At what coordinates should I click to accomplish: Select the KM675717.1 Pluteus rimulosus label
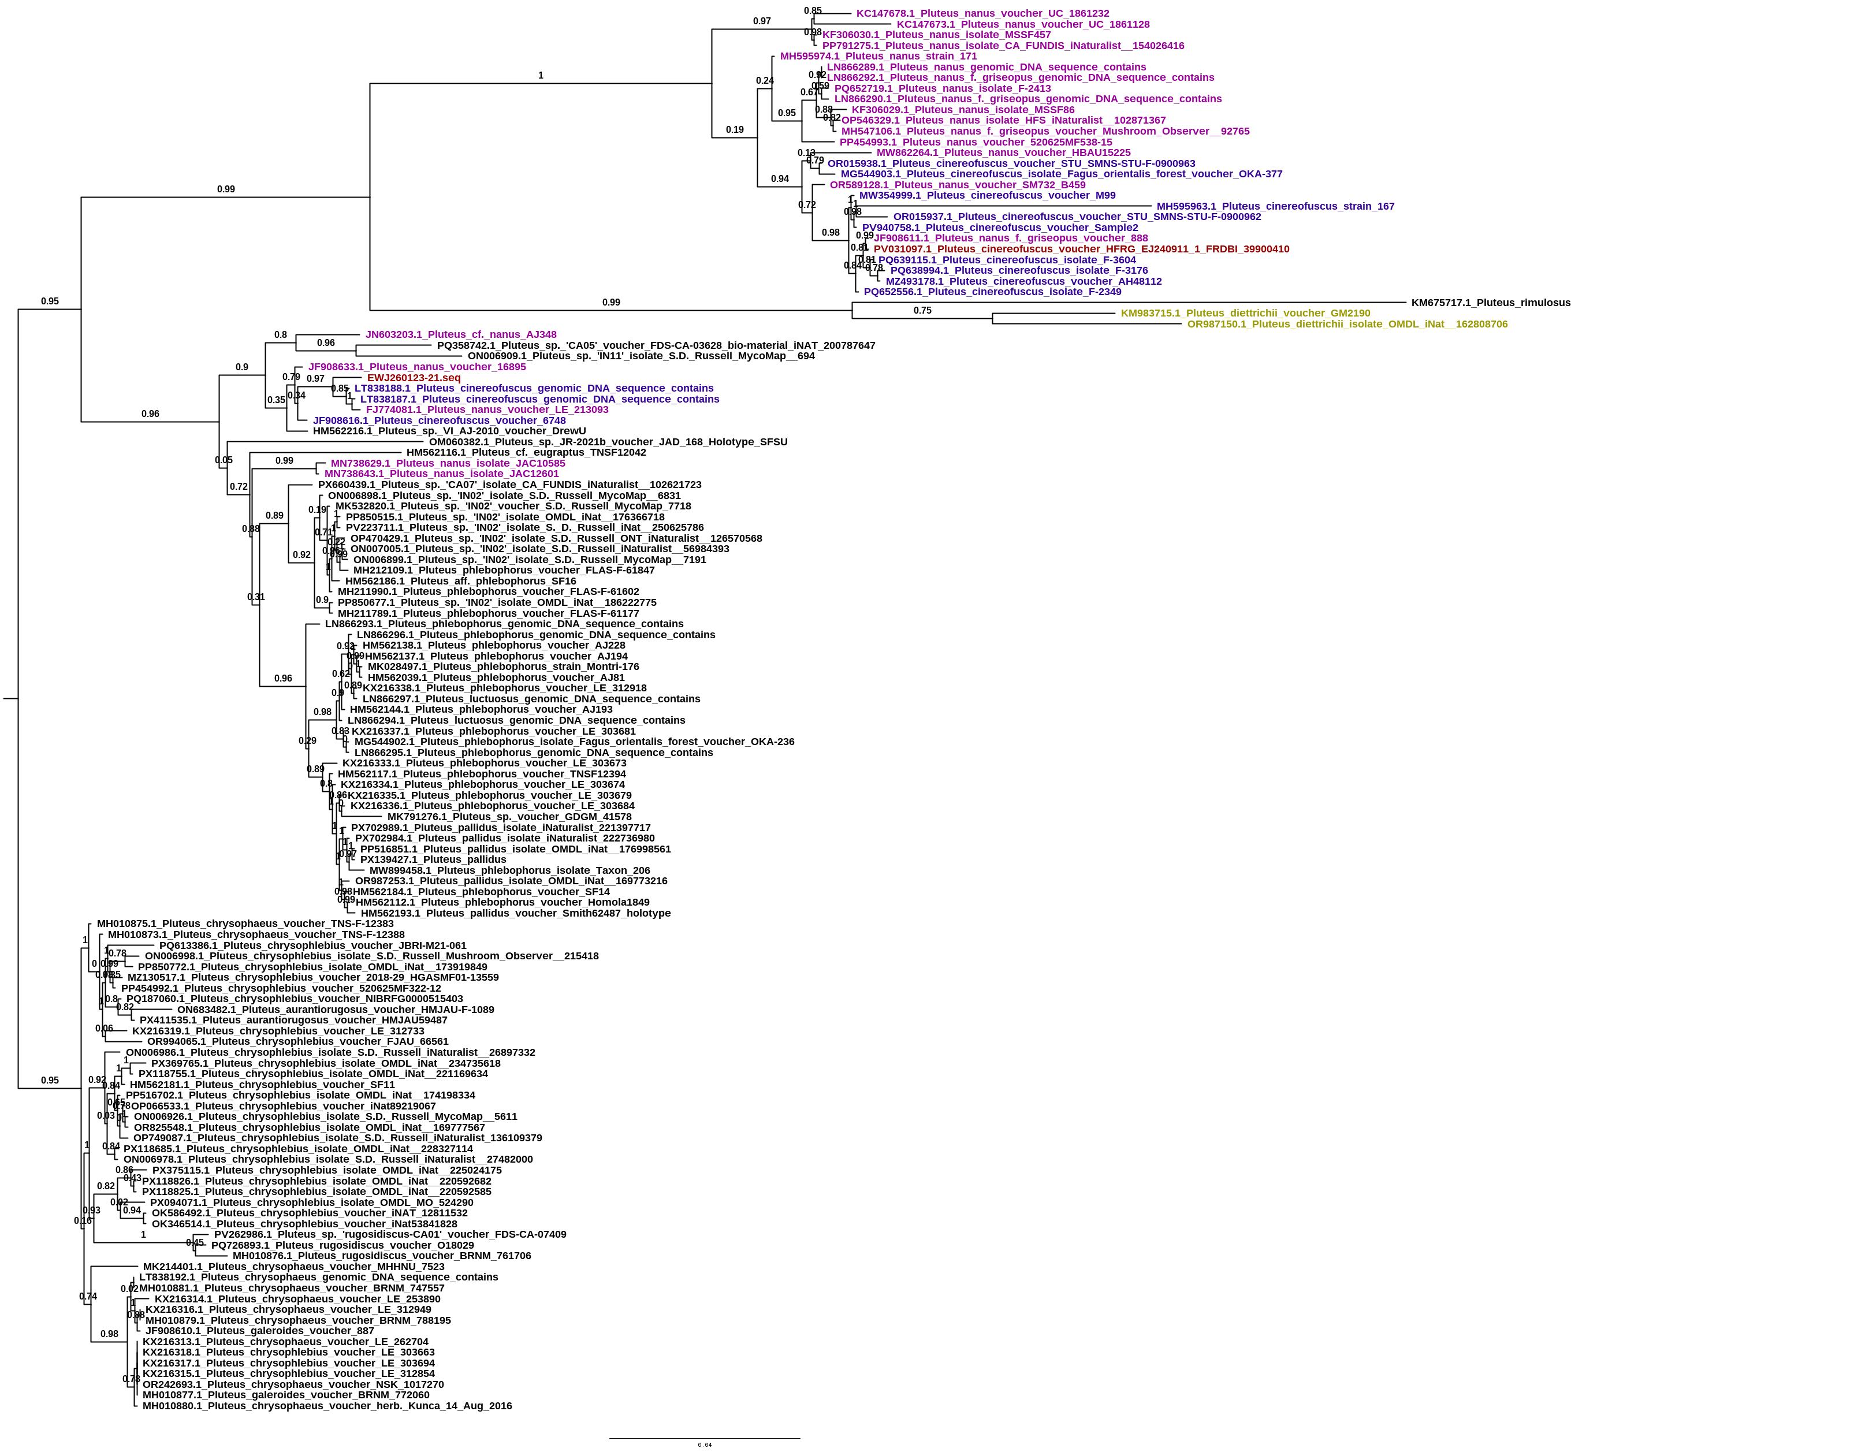pos(1491,302)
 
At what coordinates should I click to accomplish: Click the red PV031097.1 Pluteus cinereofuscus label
pos(1081,249)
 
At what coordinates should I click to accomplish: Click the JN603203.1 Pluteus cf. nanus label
pos(460,334)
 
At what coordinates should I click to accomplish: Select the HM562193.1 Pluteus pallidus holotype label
pos(515,913)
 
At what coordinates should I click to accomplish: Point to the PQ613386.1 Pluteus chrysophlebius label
pos(312,945)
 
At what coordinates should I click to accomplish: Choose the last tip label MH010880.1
pos(327,1406)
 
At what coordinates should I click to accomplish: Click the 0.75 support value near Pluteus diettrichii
pos(922,311)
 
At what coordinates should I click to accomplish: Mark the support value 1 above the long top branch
pos(540,75)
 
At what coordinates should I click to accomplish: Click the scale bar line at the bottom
pos(704,1438)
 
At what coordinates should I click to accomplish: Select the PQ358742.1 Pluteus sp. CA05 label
pos(656,346)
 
